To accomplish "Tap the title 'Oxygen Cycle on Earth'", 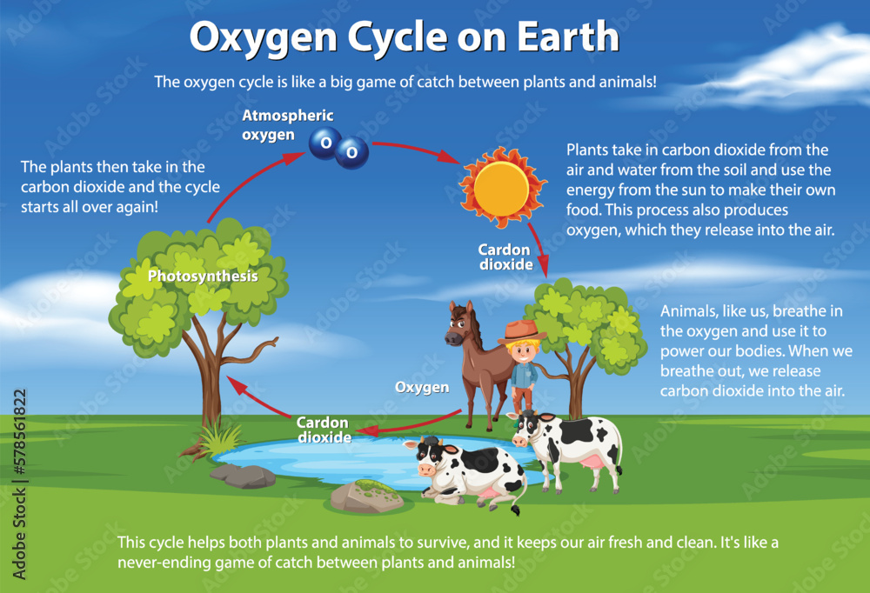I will coord(405,37).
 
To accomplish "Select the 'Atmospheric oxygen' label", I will coord(276,125).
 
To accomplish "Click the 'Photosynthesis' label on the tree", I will coord(203,277).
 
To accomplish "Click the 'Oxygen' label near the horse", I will coord(422,387).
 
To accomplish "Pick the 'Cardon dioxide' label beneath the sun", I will coord(505,257).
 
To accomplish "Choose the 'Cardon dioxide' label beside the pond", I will coord(323,430).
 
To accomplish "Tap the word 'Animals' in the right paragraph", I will coord(686,310).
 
